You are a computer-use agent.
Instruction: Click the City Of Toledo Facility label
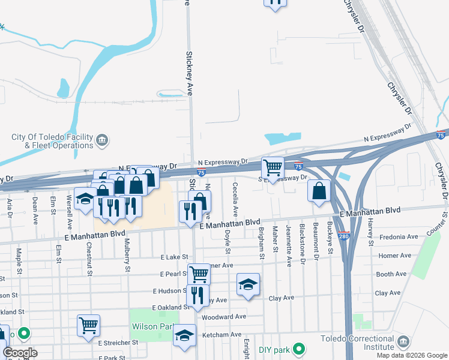pyautogui.click(x=52, y=137)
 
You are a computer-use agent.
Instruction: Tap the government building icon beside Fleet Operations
pyautogui.click(x=103, y=142)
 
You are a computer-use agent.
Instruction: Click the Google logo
pyautogui.click(x=20, y=353)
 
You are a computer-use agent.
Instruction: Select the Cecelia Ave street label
pyautogui.click(x=235, y=199)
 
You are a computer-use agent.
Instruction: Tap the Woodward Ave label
pyautogui.click(x=224, y=317)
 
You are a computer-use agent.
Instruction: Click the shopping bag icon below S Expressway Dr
pyautogui.click(x=320, y=191)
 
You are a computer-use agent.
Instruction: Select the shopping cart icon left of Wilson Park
pyautogui.click(x=88, y=325)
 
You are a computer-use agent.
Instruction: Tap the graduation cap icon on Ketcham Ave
pyautogui.click(x=185, y=335)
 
